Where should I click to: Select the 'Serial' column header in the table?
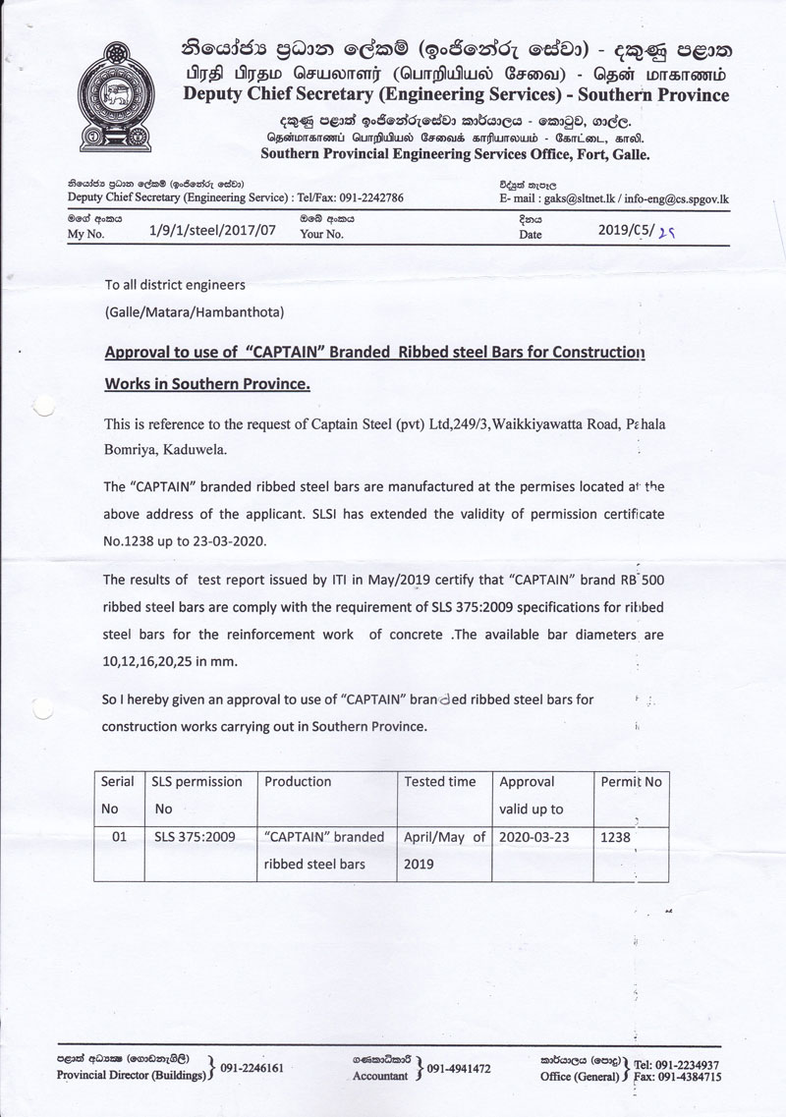click(118, 782)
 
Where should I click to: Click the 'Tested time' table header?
click(440, 782)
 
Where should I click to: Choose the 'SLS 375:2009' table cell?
click(196, 838)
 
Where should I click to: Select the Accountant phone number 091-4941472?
click(460, 1068)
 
